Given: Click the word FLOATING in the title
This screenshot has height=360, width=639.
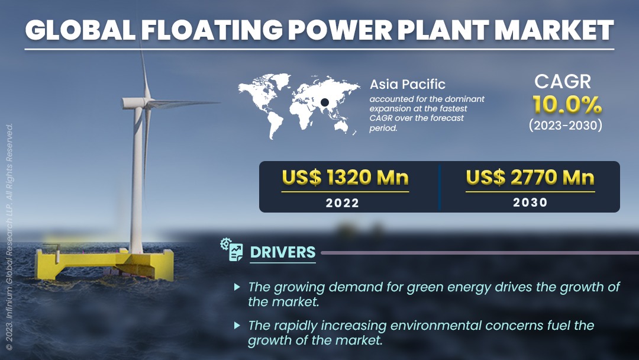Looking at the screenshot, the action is click(212, 30).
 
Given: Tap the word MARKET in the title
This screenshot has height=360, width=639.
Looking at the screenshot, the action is click(554, 30).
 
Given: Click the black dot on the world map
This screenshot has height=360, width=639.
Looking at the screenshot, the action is click(325, 102).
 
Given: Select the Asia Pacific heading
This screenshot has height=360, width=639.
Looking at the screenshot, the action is click(408, 84).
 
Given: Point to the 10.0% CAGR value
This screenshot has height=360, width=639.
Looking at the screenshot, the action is click(567, 105).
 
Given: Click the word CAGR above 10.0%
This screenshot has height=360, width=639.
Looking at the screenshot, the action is click(563, 82).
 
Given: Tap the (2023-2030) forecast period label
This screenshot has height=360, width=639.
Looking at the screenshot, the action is click(566, 125).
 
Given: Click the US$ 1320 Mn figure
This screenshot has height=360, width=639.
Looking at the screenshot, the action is click(345, 178).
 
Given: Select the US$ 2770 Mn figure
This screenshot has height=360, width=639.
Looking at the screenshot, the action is click(530, 178).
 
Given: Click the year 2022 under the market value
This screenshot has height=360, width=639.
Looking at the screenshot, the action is click(343, 202).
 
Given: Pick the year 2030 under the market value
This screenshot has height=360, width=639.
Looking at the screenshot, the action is click(530, 202).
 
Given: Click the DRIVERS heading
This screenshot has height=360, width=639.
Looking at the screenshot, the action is click(283, 252).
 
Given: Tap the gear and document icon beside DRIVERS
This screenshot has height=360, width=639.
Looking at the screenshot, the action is click(231, 249).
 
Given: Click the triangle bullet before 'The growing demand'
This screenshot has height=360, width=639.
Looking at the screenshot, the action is click(237, 287).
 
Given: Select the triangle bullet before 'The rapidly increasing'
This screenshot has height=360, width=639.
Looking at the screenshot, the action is click(237, 325).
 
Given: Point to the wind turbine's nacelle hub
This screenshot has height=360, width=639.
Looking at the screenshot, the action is click(134, 103).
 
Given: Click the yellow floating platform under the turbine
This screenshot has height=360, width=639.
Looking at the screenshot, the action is click(105, 263).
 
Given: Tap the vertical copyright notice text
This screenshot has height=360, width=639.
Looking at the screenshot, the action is click(9, 236).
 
